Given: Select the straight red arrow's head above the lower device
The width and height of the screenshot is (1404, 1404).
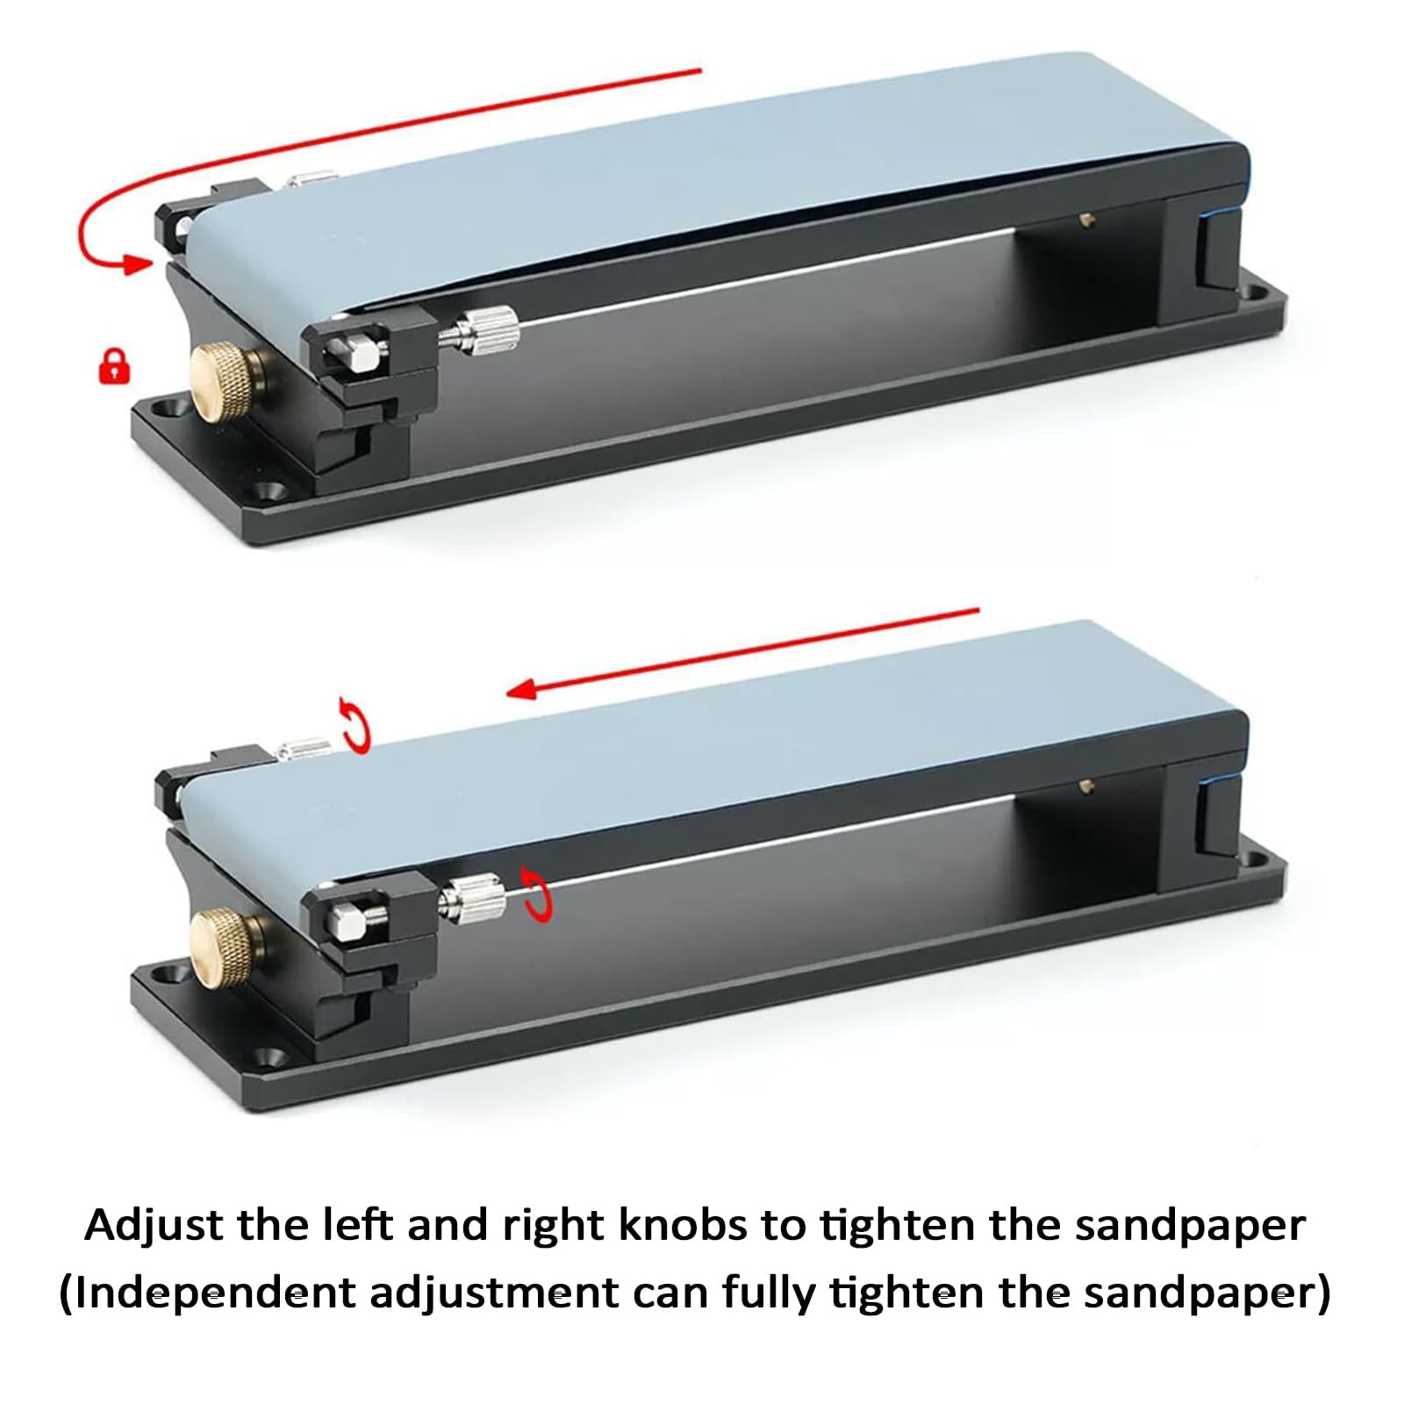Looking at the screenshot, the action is (523, 690).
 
